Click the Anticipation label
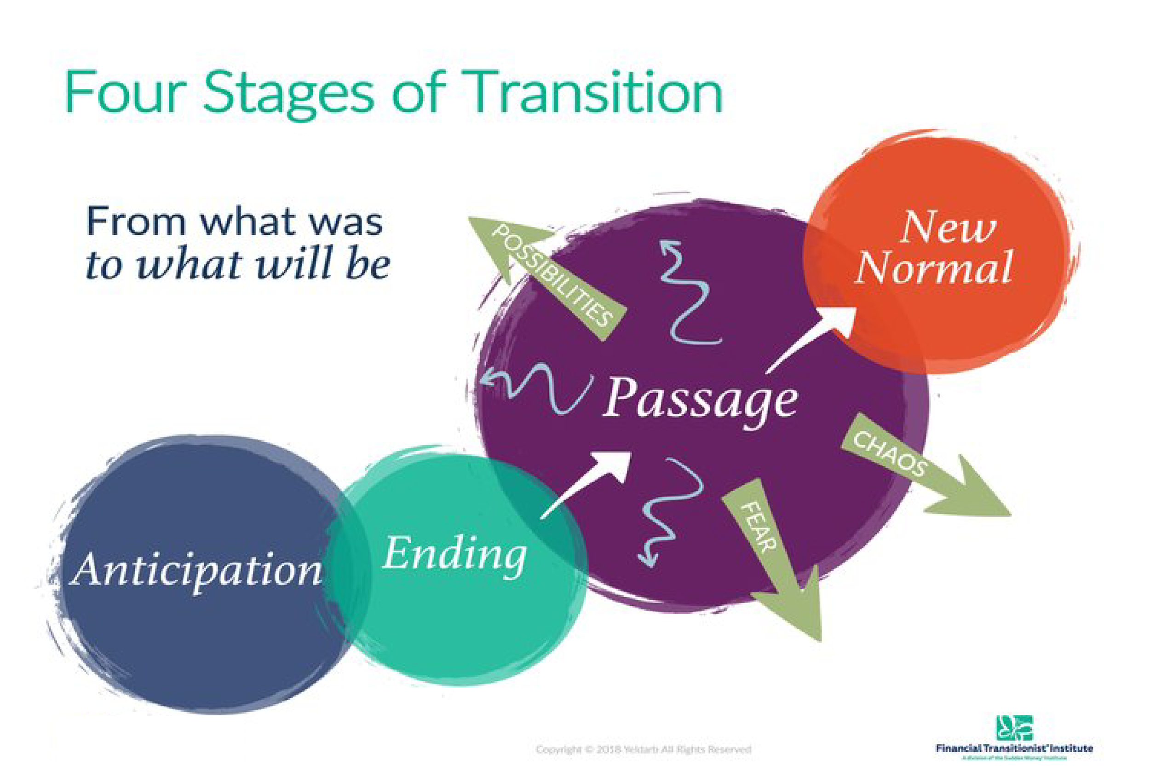196,571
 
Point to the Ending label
454,555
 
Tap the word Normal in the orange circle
934,268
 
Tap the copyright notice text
643,749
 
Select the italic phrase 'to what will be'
237,264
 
